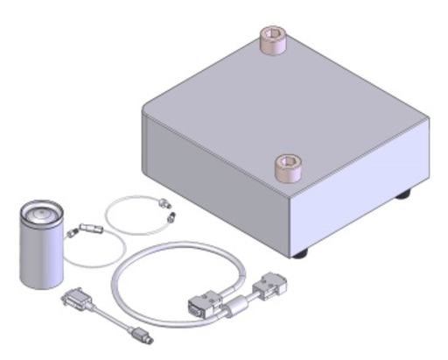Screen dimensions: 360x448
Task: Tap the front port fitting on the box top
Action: point(286,166)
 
